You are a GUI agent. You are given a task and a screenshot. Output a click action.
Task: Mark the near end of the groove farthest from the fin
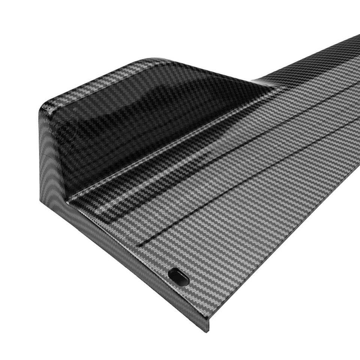(x=139, y=246)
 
